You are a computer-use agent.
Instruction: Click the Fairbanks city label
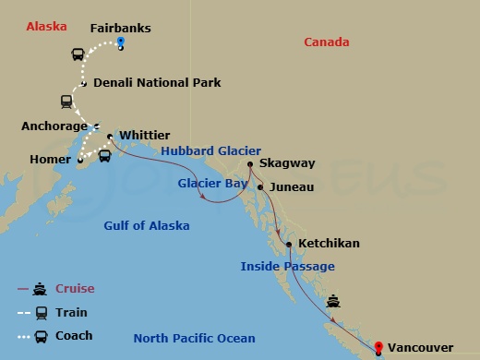(x=120, y=28)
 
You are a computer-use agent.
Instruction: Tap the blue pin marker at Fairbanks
(x=120, y=43)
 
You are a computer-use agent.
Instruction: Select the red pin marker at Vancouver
(x=378, y=347)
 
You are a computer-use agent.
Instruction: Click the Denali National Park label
(x=157, y=82)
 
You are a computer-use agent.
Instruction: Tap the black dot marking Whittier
(x=110, y=138)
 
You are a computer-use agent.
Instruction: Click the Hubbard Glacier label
(x=210, y=150)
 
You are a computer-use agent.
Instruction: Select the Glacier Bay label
(x=212, y=184)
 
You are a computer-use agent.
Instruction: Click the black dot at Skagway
(x=250, y=165)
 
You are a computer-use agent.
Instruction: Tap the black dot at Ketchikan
(x=290, y=245)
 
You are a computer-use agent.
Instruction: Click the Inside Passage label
(x=287, y=266)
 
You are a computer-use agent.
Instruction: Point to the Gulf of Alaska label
(x=147, y=226)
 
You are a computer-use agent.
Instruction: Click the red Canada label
(x=327, y=42)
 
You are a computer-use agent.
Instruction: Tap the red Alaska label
(x=46, y=26)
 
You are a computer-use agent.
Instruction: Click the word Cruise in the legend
(x=75, y=289)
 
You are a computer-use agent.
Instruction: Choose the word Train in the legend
(x=71, y=312)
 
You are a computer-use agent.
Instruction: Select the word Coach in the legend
(x=74, y=335)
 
